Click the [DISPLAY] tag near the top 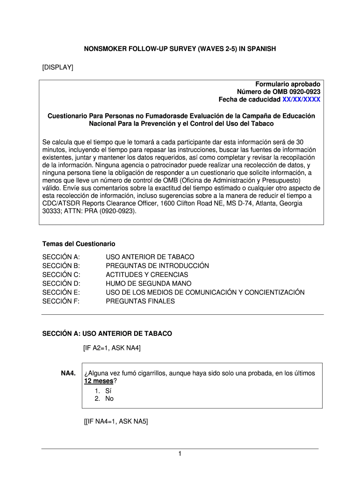(x=58, y=68)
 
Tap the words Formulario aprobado (x=288, y=83)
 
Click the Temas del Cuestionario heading (x=79, y=244)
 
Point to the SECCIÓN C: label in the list (x=61, y=275)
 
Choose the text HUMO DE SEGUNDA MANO (x=148, y=283)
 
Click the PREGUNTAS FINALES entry (x=140, y=301)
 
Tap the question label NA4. (x=68, y=373)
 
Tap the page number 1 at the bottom (x=180, y=454)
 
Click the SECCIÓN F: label (x=61, y=301)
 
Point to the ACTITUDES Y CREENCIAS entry (x=147, y=275)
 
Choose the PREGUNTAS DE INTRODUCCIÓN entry (x=157, y=266)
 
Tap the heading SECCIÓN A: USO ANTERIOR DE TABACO (x=107, y=334)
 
